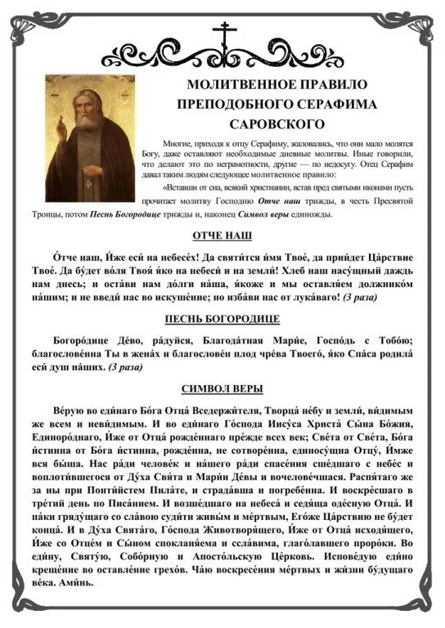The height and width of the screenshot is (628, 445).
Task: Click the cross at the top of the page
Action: [222, 34]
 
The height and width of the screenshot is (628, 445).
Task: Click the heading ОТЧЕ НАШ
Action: [222, 235]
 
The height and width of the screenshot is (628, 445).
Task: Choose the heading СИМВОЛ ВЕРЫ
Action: [222, 387]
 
